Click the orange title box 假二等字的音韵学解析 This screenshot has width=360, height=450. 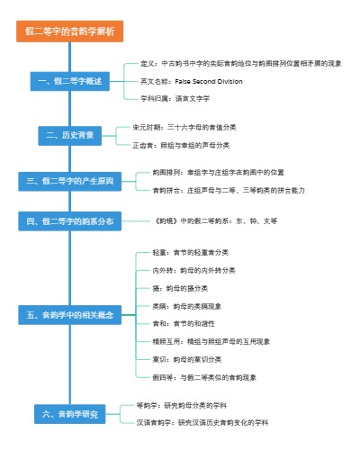(x=70, y=33)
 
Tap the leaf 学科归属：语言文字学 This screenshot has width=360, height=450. (x=181, y=97)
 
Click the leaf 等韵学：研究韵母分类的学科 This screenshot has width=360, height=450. (x=188, y=405)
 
